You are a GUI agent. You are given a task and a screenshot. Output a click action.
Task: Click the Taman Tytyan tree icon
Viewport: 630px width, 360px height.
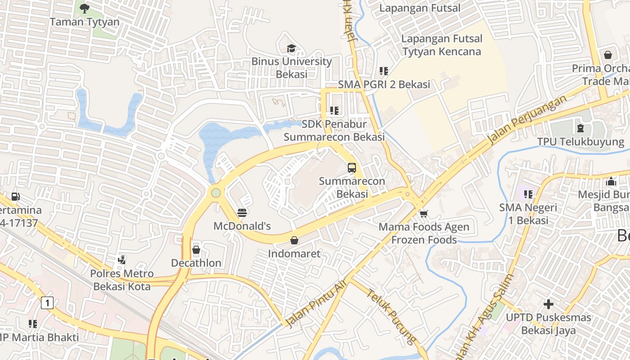click(84, 8)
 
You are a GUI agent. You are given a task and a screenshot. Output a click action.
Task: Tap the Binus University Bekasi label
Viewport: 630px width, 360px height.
click(292, 67)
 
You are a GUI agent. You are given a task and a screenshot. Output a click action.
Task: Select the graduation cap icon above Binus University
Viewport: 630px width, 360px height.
click(291, 48)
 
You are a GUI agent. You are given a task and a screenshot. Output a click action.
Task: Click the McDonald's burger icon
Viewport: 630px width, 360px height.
click(242, 212)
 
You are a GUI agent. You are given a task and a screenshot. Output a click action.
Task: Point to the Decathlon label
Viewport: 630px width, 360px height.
click(196, 263)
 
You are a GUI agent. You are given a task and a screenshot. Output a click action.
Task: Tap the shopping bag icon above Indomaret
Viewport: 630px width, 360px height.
click(294, 240)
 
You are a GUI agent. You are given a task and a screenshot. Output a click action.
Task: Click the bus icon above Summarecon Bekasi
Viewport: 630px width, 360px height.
click(352, 168)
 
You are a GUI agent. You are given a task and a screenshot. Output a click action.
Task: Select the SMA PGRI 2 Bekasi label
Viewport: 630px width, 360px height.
click(384, 84)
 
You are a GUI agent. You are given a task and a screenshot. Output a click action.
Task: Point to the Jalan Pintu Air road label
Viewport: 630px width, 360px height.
click(316, 303)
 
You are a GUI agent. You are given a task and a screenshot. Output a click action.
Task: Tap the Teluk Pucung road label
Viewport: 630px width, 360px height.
click(390, 317)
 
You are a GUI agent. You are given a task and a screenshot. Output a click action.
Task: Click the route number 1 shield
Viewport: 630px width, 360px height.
click(47, 303)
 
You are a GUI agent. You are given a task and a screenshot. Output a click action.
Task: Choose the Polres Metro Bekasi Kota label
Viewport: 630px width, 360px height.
click(121, 279)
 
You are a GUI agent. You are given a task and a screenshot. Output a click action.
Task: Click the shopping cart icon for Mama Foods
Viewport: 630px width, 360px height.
click(423, 213)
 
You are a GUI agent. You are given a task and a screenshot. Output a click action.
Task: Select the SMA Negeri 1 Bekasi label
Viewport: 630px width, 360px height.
click(528, 214)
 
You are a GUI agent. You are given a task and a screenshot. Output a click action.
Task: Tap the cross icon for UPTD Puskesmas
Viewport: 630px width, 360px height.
click(548, 304)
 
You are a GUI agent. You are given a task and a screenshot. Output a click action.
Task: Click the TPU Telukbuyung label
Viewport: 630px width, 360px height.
click(580, 142)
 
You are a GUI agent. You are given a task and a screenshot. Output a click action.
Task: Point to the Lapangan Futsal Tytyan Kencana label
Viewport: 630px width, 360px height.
click(441, 45)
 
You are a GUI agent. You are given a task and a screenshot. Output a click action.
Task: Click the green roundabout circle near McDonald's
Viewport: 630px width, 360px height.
click(216, 193)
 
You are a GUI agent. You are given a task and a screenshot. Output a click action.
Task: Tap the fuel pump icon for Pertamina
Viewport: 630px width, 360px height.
click(16, 197)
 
